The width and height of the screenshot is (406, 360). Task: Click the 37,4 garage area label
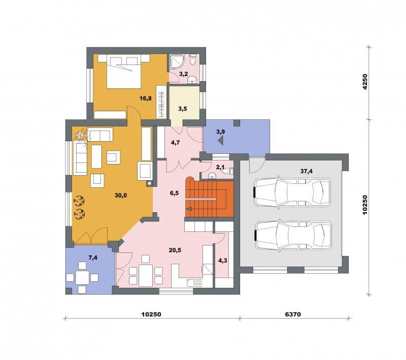307,171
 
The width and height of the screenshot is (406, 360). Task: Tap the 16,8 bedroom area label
146,99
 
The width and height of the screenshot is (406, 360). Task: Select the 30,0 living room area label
121,195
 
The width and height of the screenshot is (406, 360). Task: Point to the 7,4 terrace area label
93,258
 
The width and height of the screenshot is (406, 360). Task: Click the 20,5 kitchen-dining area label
175,250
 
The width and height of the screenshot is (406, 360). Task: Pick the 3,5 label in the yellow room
183,109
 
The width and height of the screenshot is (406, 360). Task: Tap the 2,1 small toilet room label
220,168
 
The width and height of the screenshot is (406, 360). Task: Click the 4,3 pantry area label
223,260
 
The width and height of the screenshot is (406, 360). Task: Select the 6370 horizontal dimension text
293,314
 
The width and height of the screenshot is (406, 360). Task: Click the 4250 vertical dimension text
365,82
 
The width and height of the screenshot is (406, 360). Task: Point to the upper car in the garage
292,192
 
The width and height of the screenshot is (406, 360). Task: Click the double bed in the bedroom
124,72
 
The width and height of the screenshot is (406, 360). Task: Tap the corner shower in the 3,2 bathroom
176,61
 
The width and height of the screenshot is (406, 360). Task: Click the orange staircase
209,198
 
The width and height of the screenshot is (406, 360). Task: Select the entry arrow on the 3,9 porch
221,141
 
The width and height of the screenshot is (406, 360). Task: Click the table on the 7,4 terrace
82,278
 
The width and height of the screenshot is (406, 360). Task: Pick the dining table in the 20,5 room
146,275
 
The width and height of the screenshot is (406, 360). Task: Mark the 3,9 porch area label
221,132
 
